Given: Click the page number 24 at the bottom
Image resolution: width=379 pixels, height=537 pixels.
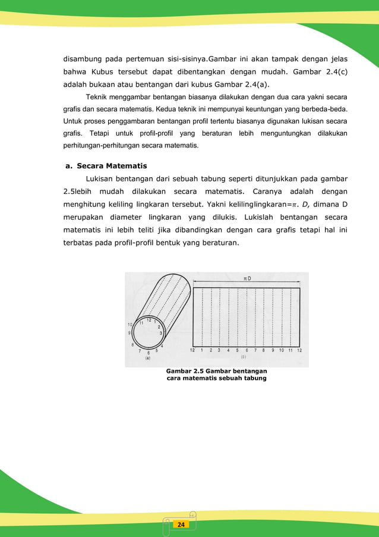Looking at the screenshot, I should coord(181,525).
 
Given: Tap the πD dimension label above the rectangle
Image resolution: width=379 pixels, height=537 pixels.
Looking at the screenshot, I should coord(246,278).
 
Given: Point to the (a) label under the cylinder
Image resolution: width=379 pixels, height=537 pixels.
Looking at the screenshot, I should coord(147,357).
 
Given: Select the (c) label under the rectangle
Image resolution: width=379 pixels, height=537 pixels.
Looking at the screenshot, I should coord(244,357).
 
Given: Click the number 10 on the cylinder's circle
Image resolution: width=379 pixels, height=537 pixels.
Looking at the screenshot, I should coord(130,324).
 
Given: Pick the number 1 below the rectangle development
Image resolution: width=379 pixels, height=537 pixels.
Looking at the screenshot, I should coord(202,350).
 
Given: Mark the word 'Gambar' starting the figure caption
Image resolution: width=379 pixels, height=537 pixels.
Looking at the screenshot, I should coord(179,371).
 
